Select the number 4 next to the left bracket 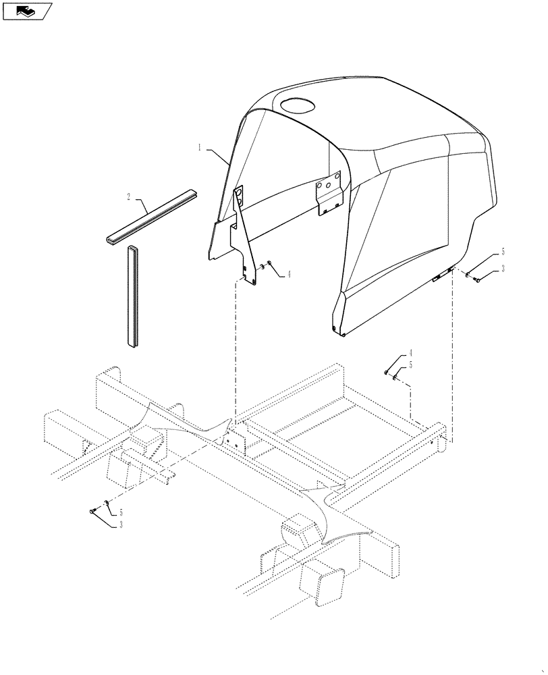[x=287, y=275]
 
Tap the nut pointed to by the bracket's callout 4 [x=268, y=264]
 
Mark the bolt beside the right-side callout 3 [x=476, y=278]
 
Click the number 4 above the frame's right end [x=409, y=353]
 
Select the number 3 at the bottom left [x=121, y=524]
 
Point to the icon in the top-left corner [x=27, y=10]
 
